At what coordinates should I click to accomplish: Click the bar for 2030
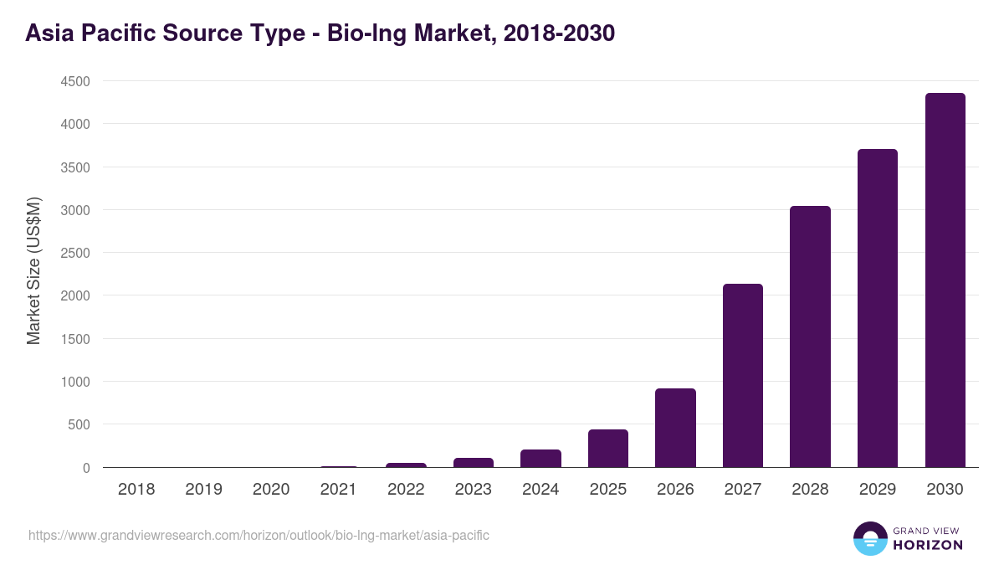(945, 280)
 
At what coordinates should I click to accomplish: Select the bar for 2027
(743, 376)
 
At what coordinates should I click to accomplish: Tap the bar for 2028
(810, 336)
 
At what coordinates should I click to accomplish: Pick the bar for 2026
(675, 428)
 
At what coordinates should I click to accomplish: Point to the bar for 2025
(608, 449)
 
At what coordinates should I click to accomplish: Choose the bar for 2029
(877, 308)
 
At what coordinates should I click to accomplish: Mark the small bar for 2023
(474, 462)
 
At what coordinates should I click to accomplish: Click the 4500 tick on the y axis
(74, 81)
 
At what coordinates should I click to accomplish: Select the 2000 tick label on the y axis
(74, 295)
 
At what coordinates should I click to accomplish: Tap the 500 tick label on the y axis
(79, 424)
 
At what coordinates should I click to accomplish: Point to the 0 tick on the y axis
(85, 468)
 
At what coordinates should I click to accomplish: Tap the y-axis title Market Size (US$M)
(33, 270)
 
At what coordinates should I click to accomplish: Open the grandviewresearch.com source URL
(259, 535)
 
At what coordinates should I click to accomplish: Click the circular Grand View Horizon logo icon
(870, 538)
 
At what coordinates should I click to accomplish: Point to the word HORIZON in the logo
(928, 545)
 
